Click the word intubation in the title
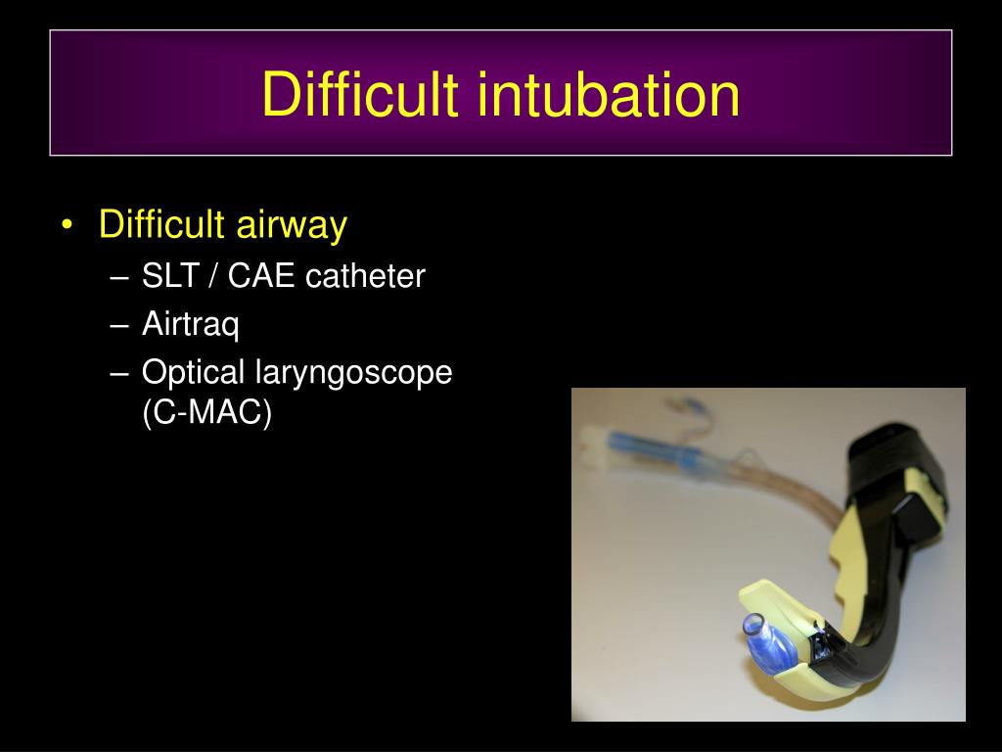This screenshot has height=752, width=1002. click(609, 95)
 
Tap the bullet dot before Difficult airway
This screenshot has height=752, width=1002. click(66, 226)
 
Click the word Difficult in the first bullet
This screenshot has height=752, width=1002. click(163, 225)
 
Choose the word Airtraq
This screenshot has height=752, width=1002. click(190, 324)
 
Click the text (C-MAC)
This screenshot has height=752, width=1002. click(206, 413)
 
